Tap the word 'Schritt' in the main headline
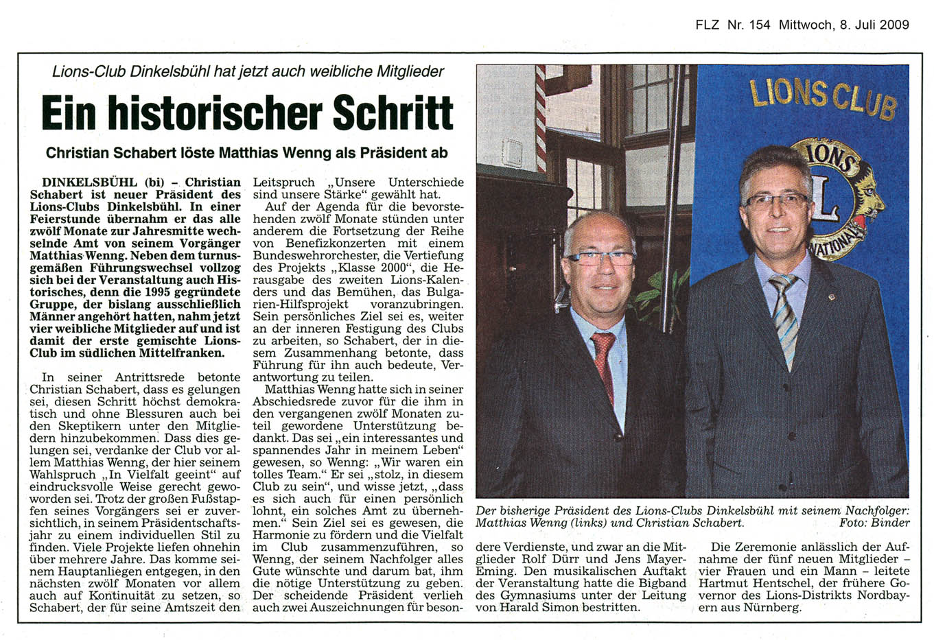tap(393, 113)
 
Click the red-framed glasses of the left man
tap(599, 259)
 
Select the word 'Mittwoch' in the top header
tap(806, 25)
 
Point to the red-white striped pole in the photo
tap(540, 117)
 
